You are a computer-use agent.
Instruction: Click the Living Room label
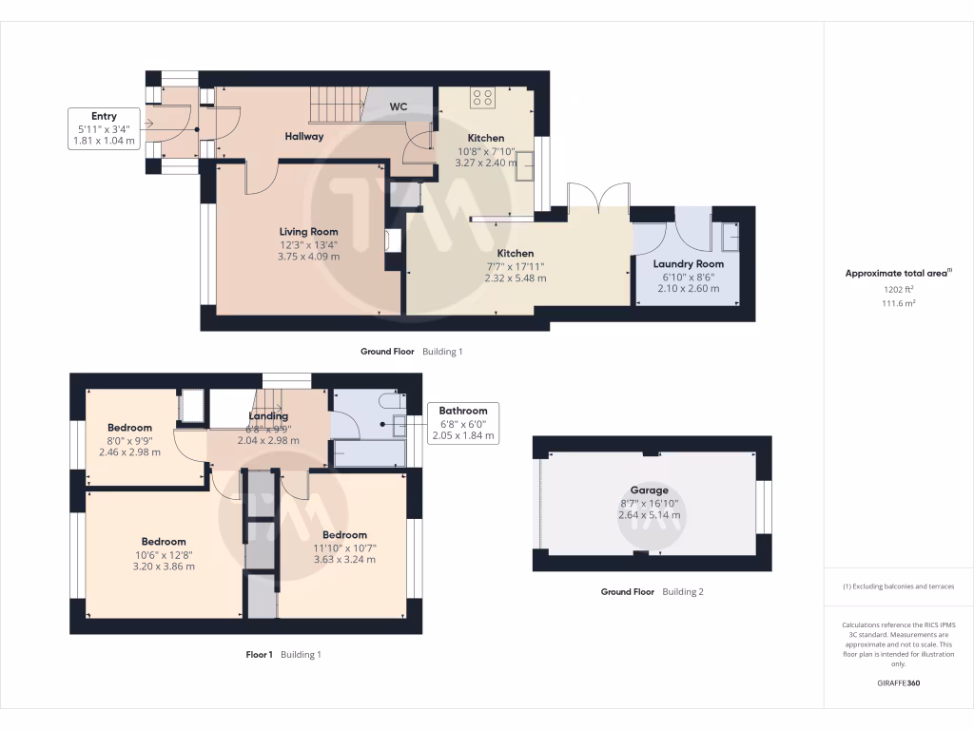pyautogui.click(x=308, y=232)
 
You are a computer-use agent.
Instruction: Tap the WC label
pyautogui.click(x=399, y=106)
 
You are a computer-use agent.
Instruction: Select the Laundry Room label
pyautogui.click(x=689, y=264)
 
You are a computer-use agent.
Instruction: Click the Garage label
pyautogui.click(x=649, y=490)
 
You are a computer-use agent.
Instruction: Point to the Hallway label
pyautogui.click(x=303, y=137)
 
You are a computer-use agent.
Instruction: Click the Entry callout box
pyautogui.click(x=104, y=128)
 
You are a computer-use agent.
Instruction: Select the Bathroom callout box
pyautogui.click(x=463, y=423)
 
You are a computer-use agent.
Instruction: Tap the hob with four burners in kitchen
pyautogui.click(x=482, y=98)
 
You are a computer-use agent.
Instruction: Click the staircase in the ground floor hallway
pyautogui.click(x=336, y=105)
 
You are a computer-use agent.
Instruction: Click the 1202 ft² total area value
pyautogui.click(x=898, y=289)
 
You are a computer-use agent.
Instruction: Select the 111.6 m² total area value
pyautogui.click(x=898, y=303)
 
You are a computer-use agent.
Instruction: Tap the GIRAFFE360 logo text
pyautogui.click(x=898, y=682)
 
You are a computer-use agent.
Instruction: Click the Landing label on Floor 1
pyautogui.click(x=268, y=416)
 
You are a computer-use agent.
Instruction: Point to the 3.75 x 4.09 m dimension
pyautogui.click(x=309, y=257)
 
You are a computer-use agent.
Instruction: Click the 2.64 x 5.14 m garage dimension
pyautogui.click(x=649, y=515)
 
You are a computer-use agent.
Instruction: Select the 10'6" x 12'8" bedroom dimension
pyautogui.click(x=164, y=555)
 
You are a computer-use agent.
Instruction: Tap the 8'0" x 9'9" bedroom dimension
pyautogui.click(x=129, y=441)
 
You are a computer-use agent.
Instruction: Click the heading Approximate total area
pyautogui.click(x=896, y=273)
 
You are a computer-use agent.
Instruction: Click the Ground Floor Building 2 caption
pyautogui.click(x=653, y=591)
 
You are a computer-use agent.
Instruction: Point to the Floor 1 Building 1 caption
pyautogui.click(x=283, y=654)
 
